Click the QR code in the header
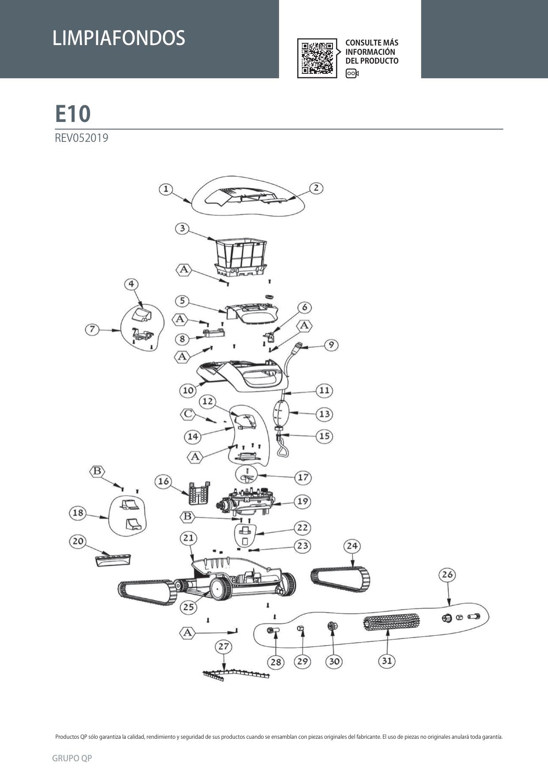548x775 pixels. (x=317, y=58)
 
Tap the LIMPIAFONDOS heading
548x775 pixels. (x=119, y=38)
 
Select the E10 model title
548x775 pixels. (x=73, y=114)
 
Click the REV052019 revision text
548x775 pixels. (x=81, y=138)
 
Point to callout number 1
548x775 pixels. (x=166, y=190)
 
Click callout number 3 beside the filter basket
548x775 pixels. (x=182, y=229)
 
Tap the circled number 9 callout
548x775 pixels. (x=331, y=345)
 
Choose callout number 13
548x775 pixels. (x=325, y=414)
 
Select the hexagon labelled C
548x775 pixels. (x=188, y=414)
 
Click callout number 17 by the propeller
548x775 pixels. (x=303, y=477)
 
